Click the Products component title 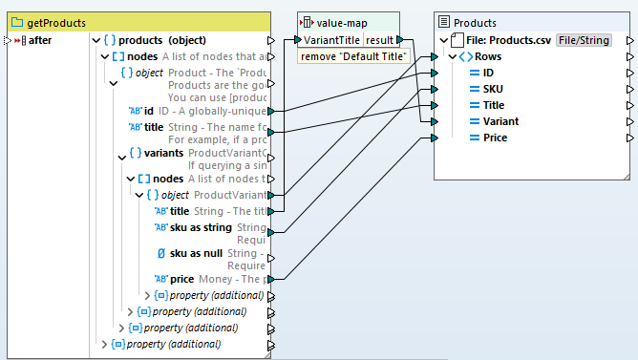475,22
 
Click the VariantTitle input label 331,40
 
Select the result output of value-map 379,40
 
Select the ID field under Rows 488,73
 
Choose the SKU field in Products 492,89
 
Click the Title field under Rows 494,105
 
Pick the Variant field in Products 500,121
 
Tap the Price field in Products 495,138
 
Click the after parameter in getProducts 40,40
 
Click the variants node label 166,154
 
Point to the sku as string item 200,228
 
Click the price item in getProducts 181,278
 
